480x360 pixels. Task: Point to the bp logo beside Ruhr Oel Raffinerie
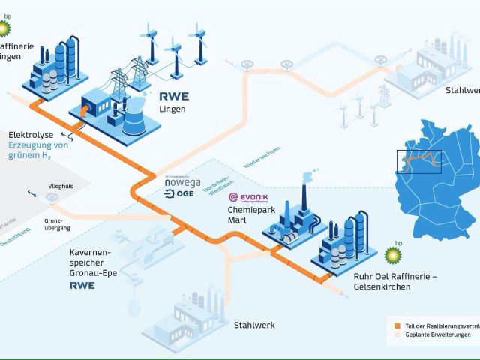click(x=392, y=255)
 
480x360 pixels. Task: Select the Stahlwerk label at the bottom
click(x=255, y=325)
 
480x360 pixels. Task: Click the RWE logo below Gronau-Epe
click(x=82, y=286)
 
